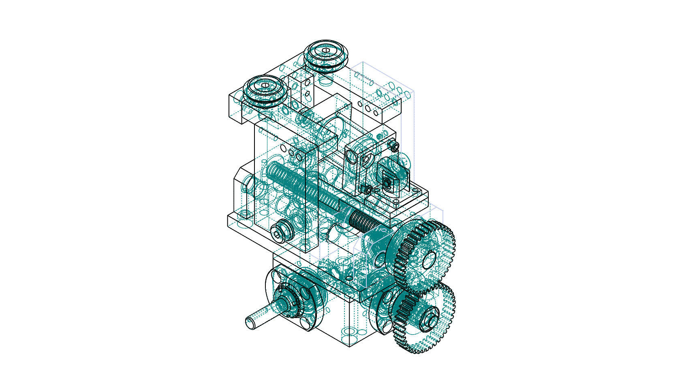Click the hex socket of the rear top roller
(326, 50)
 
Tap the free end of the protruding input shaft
(250, 324)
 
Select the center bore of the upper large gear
(429, 259)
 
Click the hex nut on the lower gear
(430, 319)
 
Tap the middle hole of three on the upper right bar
(368, 108)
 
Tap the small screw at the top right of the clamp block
(393, 145)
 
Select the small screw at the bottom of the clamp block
(367, 189)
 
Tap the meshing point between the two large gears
(423, 289)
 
